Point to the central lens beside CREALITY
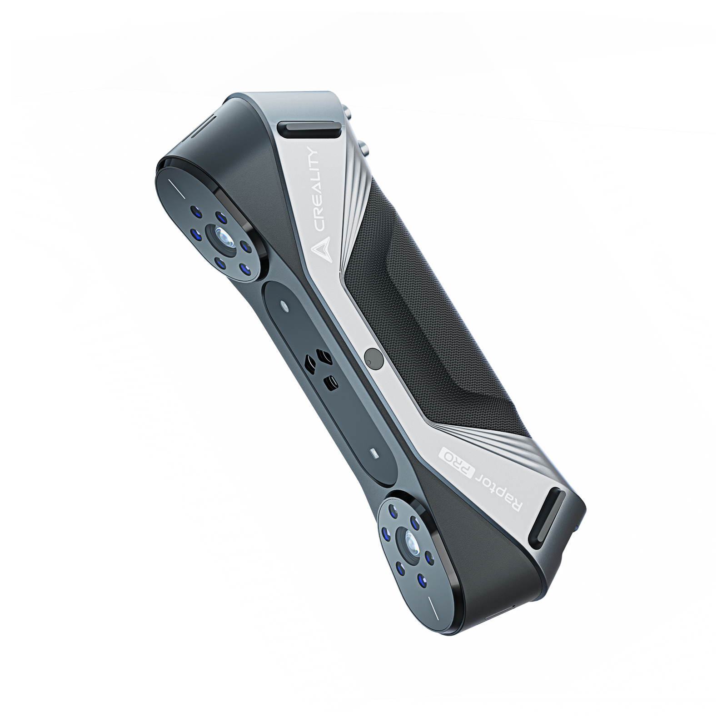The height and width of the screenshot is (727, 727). point(223,236)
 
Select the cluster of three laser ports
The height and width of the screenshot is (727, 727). point(320,368)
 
